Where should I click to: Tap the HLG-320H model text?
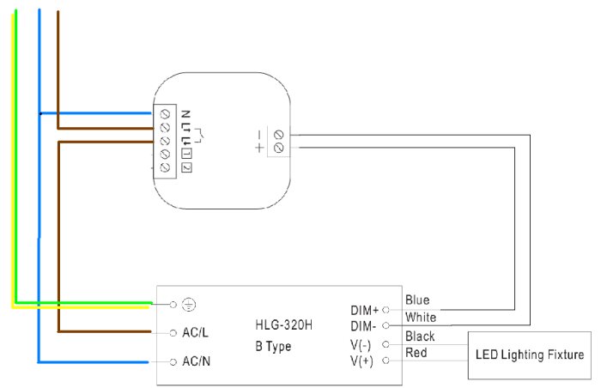point(283,325)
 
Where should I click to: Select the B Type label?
point(273,346)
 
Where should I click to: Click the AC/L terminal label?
point(195,332)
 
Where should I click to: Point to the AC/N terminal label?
point(197,361)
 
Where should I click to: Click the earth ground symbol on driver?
point(188,305)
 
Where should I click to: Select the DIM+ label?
point(365,310)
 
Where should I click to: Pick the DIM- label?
point(363,326)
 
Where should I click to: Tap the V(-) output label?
point(361,345)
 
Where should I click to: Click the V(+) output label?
point(361,361)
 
